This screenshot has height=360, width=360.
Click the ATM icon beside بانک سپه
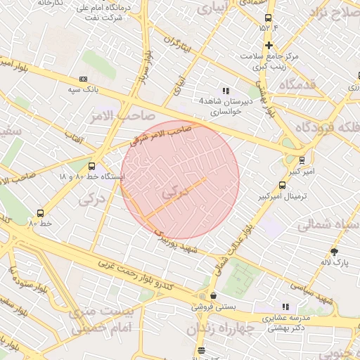click(84, 79)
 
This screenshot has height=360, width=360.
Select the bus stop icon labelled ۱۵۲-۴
click(267, 18)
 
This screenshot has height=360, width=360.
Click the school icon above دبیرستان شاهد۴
click(226, 91)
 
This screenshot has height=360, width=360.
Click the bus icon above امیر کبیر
click(302, 160)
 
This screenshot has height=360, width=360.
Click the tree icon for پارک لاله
click(334, 252)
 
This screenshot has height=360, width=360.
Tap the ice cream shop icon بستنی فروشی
click(213, 296)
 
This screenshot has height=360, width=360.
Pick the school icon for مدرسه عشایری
click(285, 307)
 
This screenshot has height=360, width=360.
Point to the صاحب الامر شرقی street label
click(161, 136)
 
